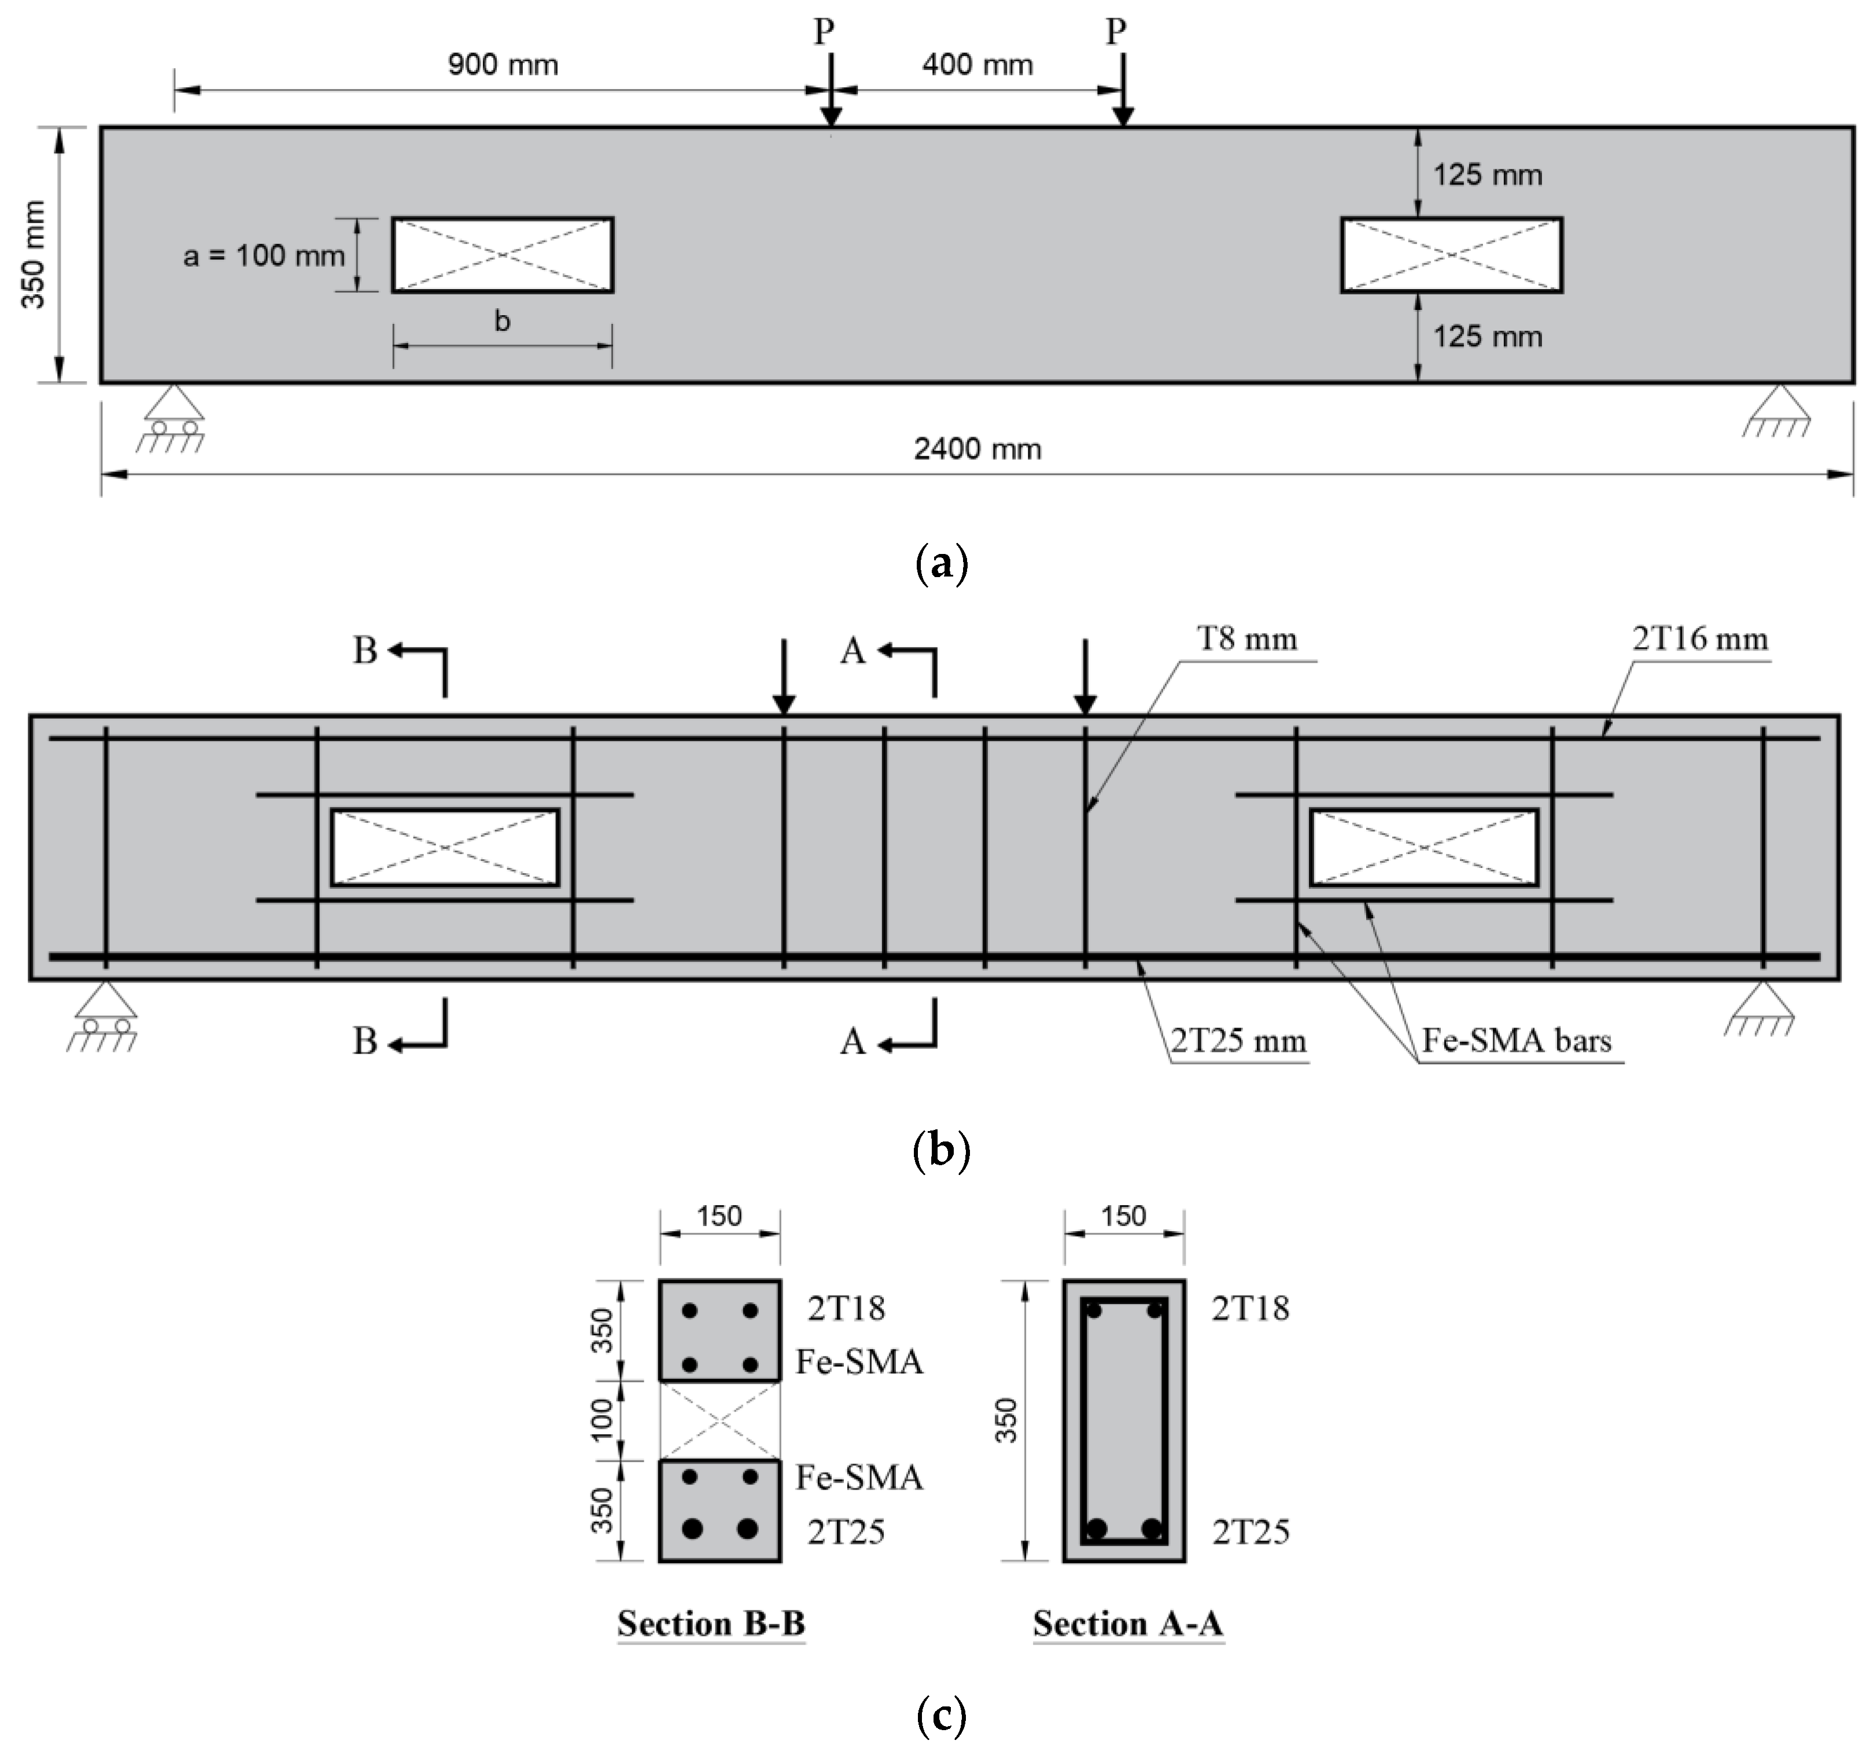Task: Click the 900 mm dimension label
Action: tap(503, 65)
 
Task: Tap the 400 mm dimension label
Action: tap(977, 65)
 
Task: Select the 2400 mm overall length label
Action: tap(977, 449)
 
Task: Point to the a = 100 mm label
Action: tap(264, 256)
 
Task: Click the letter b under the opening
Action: tap(503, 322)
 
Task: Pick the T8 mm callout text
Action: tap(1247, 639)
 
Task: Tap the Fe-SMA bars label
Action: tap(1517, 1040)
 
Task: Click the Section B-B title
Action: tap(711, 1623)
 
